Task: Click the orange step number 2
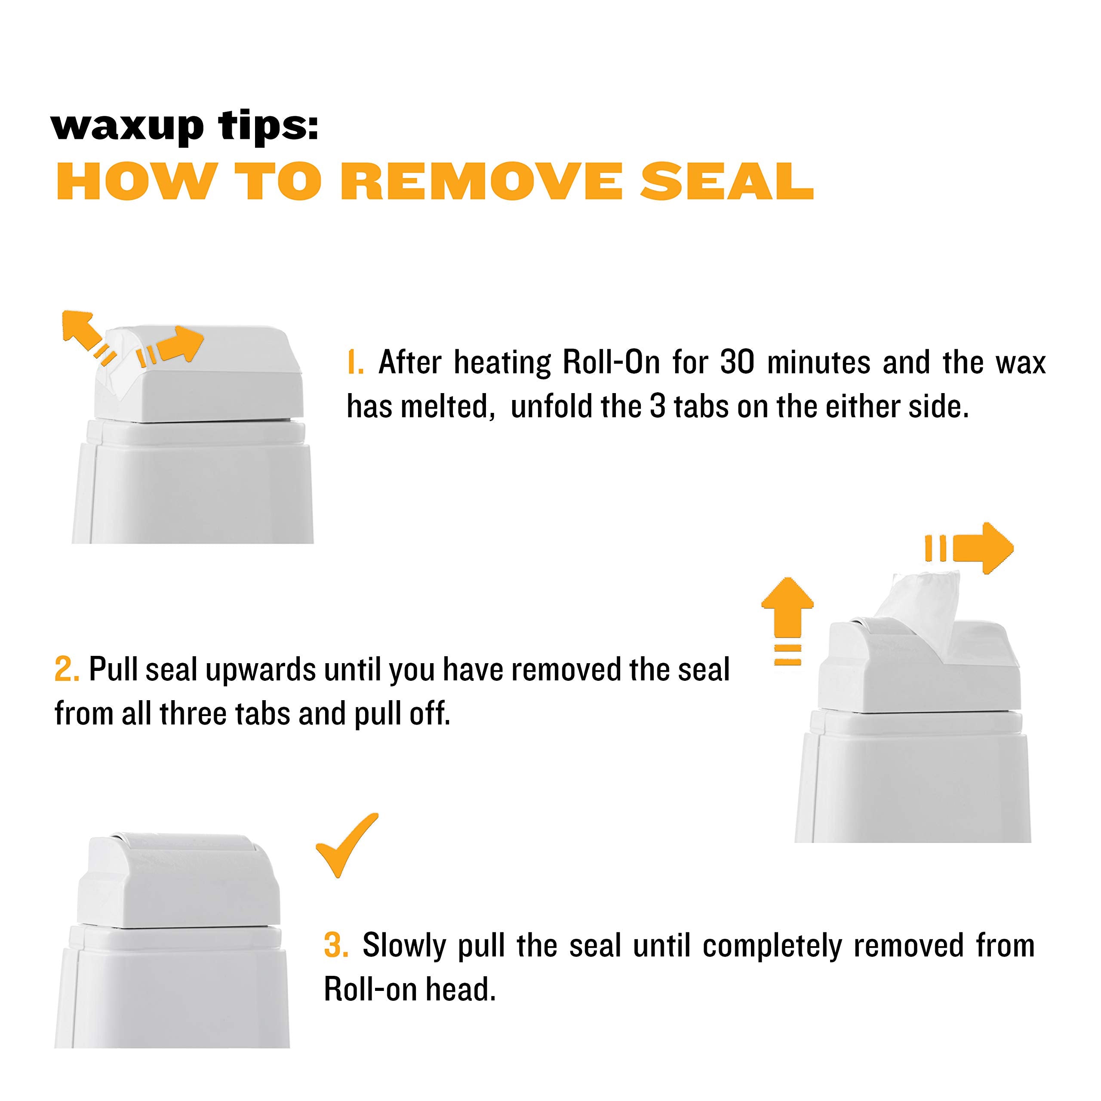[67, 670]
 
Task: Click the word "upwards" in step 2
[261, 670]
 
